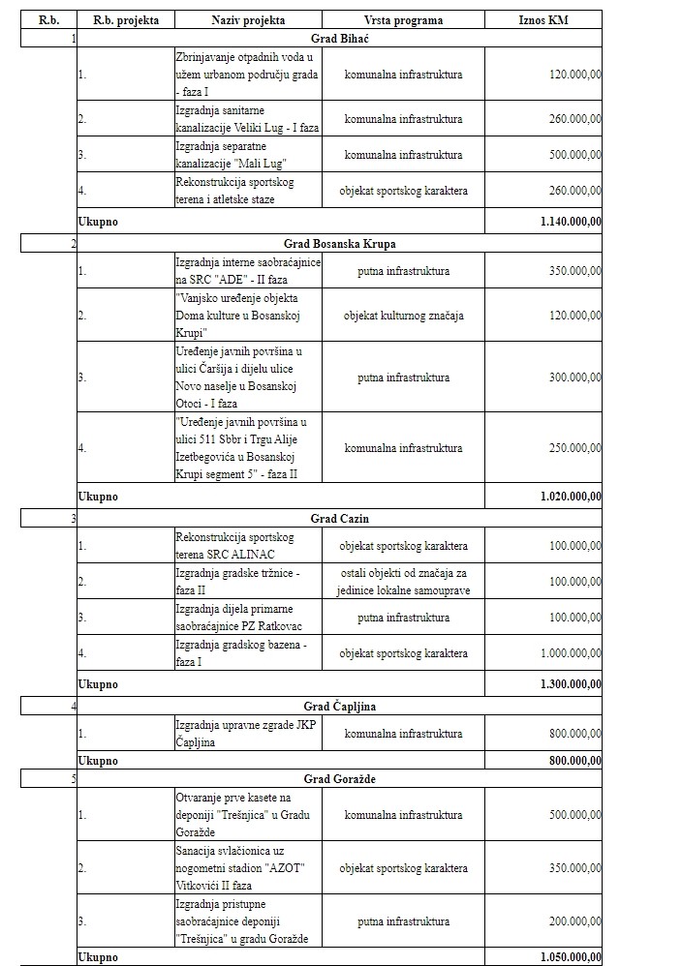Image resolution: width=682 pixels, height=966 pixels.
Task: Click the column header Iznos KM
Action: click(x=543, y=19)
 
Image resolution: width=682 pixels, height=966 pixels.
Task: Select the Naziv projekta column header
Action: click(x=248, y=19)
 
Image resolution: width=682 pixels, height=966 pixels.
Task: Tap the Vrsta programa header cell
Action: click(x=403, y=19)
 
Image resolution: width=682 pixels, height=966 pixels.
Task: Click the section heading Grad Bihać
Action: click(x=339, y=38)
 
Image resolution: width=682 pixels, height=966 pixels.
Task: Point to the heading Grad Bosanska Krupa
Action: click(x=339, y=243)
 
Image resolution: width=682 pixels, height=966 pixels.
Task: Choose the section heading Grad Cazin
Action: click(x=339, y=519)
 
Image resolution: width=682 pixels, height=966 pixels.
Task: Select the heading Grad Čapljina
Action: click(x=339, y=706)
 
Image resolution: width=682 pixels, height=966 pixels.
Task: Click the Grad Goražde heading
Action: click(x=339, y=778)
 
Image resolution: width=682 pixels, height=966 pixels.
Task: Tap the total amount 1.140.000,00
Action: click(x=571, y=222)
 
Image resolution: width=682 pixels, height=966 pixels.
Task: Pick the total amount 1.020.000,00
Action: click(x=571, y=497)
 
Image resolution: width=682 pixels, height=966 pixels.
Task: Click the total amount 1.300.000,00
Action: click(x=571, y=683)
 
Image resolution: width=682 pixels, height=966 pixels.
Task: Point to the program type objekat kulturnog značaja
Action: click(x=403, y=316)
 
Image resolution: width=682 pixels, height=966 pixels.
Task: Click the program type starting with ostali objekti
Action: click(x=403, y=582)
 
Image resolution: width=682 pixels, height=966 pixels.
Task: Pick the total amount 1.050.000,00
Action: click(x=571, y=957)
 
